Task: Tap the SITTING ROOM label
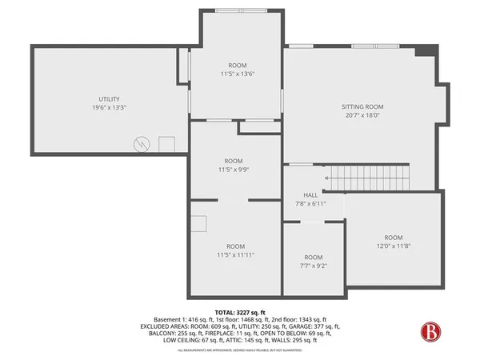pos(362,106)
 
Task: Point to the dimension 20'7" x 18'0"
pos(362,115)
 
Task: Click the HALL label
pos(310,195)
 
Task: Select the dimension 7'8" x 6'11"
pos(310,204)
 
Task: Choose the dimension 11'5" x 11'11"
pos(235,255)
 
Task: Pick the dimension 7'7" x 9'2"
pos(313,266)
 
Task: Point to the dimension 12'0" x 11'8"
pos(393,246)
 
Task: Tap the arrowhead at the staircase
pos(327,178)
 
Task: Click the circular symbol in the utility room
pos(142,144)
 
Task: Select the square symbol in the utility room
pos(166,145)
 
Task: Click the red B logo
pos(433,330)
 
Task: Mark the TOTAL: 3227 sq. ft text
pos(240,311)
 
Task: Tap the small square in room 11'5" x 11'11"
pos(198,224)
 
